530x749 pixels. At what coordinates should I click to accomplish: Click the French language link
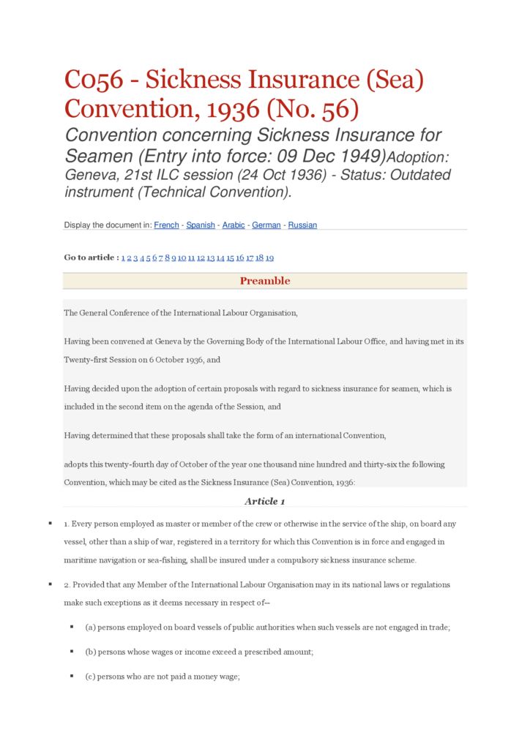166,225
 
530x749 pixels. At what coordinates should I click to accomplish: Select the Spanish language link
201,225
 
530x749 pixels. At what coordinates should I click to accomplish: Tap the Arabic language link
234,225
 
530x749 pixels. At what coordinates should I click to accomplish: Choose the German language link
266,225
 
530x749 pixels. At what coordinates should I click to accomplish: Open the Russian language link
302,225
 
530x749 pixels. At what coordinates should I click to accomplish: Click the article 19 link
269,257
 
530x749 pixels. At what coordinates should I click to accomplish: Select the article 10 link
182,257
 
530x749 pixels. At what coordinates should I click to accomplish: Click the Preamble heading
265,281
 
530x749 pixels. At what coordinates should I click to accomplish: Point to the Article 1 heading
265,501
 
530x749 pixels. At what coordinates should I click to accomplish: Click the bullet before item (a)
72,628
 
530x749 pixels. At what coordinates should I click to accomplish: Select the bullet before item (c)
72,677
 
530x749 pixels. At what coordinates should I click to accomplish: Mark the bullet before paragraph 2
50,584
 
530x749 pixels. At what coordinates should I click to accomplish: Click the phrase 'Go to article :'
91,257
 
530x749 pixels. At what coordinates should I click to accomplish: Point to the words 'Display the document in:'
108,225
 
